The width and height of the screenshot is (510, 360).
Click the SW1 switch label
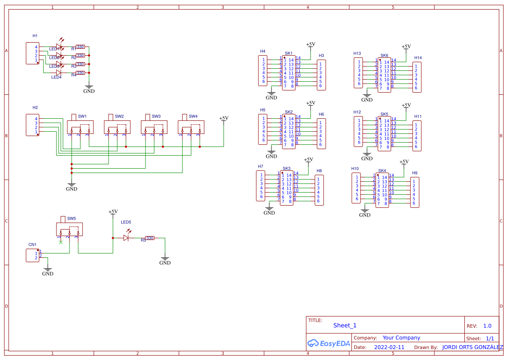click(82, 117)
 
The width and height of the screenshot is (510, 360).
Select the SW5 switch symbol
click(69, 229)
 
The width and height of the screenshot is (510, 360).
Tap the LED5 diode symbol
click(126, 238)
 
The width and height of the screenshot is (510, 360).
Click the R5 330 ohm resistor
click(149, 238)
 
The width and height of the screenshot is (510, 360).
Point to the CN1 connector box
click(32, 255)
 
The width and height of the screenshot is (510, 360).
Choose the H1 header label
click(35, 36)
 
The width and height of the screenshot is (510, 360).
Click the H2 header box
click(32, 125)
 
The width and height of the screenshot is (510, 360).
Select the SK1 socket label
click(288, 53)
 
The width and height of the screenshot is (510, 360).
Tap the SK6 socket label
click(384, 56)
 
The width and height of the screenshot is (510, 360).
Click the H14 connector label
click(418, 58)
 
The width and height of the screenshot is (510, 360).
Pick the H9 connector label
click(414, 173)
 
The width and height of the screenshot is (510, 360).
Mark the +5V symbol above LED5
click(113, 212)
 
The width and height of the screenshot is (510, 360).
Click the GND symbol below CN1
click(48, 273)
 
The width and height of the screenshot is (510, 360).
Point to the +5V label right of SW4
click(223, 118)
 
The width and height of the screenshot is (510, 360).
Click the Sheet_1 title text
click(344, 325)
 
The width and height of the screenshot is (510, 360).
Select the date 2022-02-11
click(389, 347)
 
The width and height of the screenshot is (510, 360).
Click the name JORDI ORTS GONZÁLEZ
click(473, 347)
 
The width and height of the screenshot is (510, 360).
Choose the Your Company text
click(401, 338)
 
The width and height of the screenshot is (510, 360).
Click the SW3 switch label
click(156, 117)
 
